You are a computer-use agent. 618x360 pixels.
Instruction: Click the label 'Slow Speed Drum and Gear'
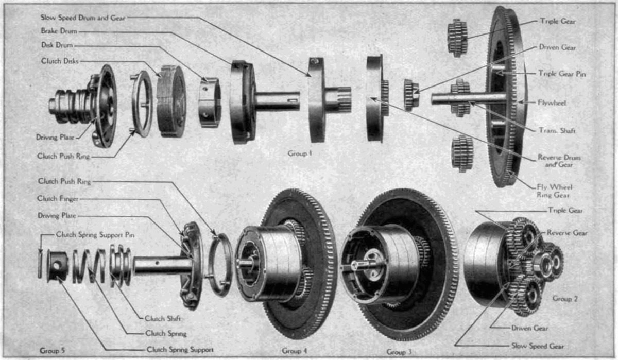click(x=83, y=18)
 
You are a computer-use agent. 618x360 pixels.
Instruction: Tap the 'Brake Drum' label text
click(x=59, y=31)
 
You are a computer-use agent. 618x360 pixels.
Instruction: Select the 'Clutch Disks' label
click(x=60, y=61)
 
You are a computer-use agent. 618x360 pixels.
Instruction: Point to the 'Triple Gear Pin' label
click(x=562, y=74)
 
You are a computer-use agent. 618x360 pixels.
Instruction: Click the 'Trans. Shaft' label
click(x=557, y=130)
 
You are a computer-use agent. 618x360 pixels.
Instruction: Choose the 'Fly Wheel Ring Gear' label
click(x=555, y=191)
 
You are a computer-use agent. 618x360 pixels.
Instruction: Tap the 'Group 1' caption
click(x=300, y=153)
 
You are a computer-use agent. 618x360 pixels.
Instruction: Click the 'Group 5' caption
click(x=52, y=351)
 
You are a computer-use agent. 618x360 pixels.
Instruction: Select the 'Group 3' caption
click(x=399, y=352)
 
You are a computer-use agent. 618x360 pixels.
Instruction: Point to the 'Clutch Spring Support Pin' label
click(x=95, y=235)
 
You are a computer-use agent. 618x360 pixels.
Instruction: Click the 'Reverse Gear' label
click(x=567, y=233)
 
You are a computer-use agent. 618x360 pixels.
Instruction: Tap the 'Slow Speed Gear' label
click(x=538, y=346)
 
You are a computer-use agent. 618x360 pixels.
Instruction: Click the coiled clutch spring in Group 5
click(x=89, y=266)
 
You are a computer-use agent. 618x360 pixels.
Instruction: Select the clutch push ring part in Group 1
click(x=142, y=104)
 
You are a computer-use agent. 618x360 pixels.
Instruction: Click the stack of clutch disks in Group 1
click(x=171, y=101)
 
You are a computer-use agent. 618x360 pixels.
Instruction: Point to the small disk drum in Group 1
click(x=210, y=102)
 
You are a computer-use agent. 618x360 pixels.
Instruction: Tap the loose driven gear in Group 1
click(x=411, y=95)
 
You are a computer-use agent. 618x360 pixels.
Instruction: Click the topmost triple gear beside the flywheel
click(x=457, y=38)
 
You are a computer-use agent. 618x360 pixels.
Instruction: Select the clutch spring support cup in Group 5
click(x=57, y=266)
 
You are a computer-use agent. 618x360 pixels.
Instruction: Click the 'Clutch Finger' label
click(x=58, y=199)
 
